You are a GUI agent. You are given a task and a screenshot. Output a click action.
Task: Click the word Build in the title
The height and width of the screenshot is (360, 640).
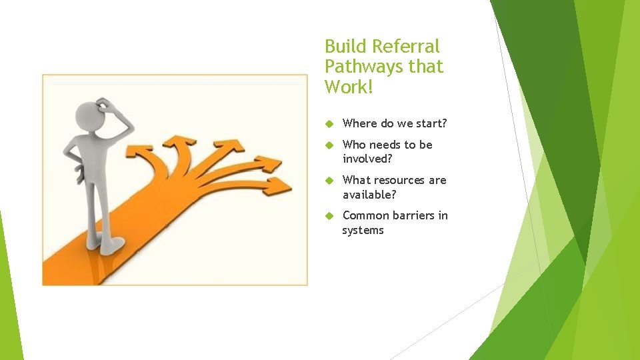coord(345,47)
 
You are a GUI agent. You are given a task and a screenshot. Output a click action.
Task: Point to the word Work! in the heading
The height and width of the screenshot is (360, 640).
coord(347,87)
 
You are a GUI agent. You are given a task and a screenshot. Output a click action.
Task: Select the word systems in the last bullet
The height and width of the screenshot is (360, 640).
coord(363,230)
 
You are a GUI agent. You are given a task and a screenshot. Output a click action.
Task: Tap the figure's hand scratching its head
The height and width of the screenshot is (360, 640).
coord(105,105)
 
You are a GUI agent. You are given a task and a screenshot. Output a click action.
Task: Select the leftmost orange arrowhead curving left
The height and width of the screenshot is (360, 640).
coord(144,155)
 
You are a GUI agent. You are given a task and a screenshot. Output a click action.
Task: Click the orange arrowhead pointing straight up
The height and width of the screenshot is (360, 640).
coord(178,141)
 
